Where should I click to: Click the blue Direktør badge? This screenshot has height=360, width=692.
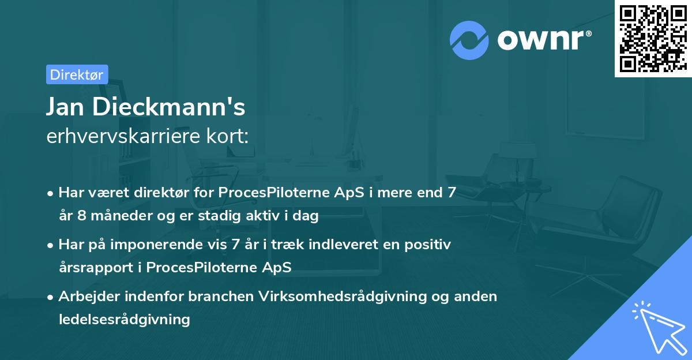pyautogui.click(x=77, y=74)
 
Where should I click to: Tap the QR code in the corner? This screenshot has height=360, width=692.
pyautogui.click(x=652, y=38)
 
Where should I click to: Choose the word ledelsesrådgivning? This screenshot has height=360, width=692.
pyautogui.click(x=124, y=319)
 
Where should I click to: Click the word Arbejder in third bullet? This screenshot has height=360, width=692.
pyautogui.click(x=88, y=297)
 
